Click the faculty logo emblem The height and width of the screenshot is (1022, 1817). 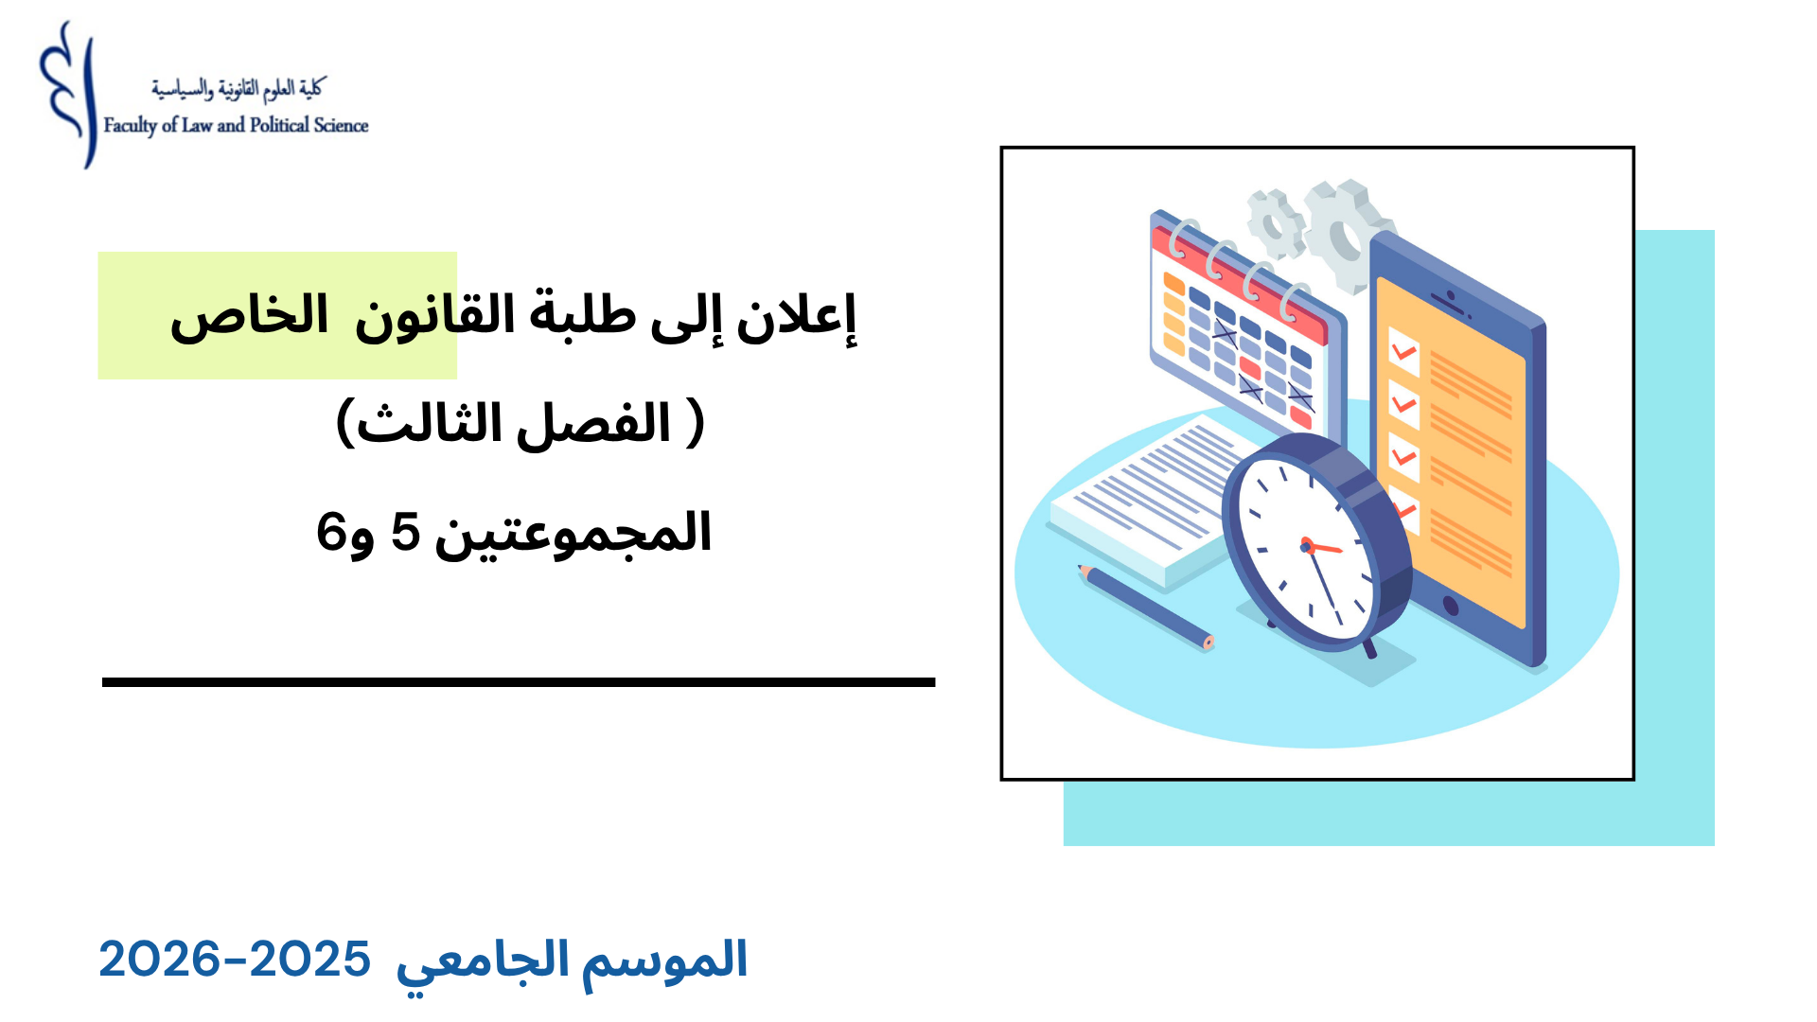point(68,95)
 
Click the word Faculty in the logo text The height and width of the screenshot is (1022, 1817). point(131,126)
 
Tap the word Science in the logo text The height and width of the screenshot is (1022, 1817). point(342,125)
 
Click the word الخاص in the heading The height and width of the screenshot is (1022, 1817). point(249,316)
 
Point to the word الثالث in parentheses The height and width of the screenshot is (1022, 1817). point(430,423)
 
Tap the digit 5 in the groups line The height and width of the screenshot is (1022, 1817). point(405,532)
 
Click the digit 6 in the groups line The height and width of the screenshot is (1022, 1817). point(330,532)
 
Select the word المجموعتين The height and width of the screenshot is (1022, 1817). point(573,534)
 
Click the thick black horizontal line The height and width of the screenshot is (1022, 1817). point(519,681)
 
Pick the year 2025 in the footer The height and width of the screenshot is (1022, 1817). point(309,960)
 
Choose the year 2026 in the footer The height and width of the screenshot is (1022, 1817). point(159,960)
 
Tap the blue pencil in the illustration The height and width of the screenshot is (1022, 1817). point(1145,607)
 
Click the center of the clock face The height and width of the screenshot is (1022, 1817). point(1307,546)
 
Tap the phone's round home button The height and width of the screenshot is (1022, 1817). point(1450,606)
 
